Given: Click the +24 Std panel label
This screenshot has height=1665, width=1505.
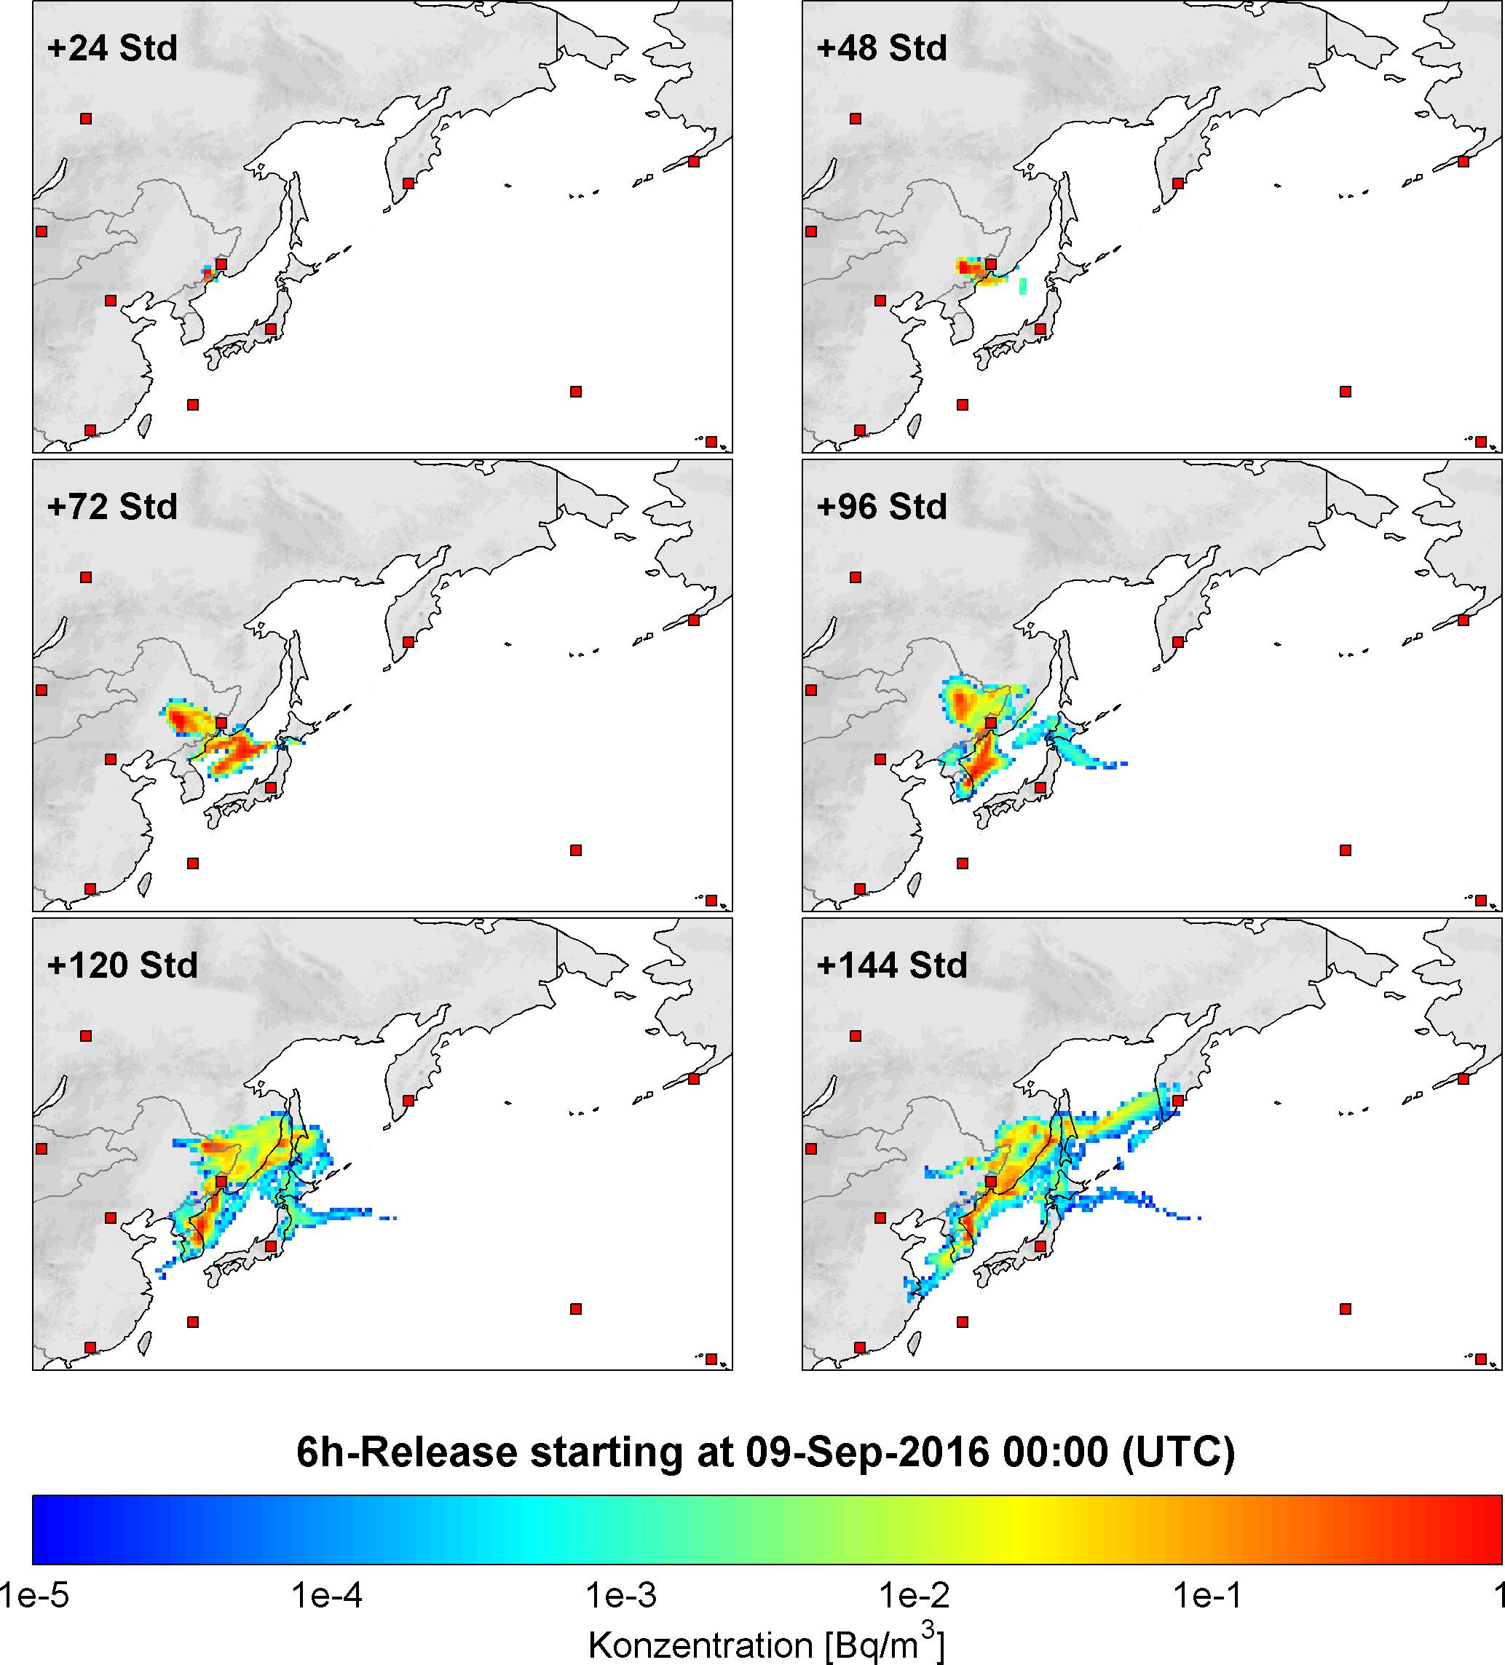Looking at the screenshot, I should [112, 48].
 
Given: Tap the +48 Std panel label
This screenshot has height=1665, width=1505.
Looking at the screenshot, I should [881, 48].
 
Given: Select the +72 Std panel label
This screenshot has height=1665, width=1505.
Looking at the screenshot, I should [112, 506].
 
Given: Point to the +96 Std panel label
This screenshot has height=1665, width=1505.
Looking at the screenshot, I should [881, 506].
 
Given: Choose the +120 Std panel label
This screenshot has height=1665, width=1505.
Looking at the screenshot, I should [122, 965].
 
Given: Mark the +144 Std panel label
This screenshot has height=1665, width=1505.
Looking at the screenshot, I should [891, 965].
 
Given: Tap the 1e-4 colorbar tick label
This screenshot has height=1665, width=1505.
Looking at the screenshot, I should [327, 1595].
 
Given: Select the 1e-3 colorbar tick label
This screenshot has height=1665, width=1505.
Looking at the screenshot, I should [621, 1595].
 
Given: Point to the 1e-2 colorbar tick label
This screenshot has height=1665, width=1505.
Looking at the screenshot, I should [915, 1595].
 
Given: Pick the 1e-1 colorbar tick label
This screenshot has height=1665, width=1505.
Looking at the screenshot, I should [1208, 1595].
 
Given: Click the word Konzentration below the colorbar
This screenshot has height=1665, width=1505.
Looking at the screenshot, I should [700, 1645].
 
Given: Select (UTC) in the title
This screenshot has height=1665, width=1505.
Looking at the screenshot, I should [1178, 1452].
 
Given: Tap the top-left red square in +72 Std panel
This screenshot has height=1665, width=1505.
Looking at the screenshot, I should [86, 577].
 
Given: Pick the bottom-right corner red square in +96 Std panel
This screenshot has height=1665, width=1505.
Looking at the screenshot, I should [1481, 901].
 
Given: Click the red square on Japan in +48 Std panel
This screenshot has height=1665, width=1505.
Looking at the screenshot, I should [1040, 330].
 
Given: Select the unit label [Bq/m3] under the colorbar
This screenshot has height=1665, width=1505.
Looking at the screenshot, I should [885, 1644].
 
